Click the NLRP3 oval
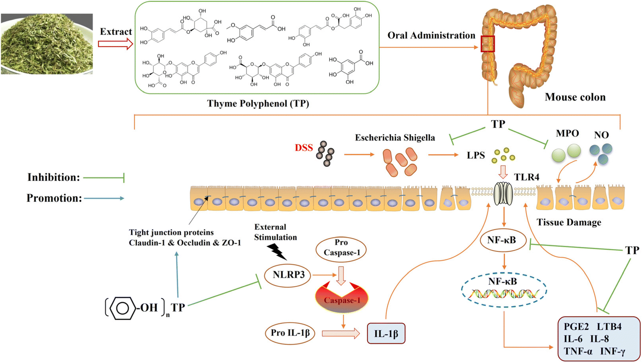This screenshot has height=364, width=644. click(x=288, y=275)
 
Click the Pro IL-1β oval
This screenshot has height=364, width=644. click(x=290, y=333)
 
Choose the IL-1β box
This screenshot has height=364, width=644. click(x=386, y=334)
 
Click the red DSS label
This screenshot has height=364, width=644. click(x=304, y=148)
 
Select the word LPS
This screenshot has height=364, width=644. click(x=476, y=155)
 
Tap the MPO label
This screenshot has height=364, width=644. click(x=567, y=133)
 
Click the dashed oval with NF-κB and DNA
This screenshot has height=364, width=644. click(x=504, y=290)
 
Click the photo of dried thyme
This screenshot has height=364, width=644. click(x=47, y=44)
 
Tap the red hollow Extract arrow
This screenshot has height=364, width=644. click(x=115, y=44)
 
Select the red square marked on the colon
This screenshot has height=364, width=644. click(x=487, y=44)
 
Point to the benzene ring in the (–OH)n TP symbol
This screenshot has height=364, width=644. click(x=122, y=308)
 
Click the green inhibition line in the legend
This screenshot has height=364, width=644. click(x=104, y=178)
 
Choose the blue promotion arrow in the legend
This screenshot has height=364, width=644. click(x=104, y=198)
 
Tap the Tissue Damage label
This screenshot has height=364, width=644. click(x=569, y=222)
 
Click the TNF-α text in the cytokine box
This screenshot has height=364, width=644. click(x=578, y=351)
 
